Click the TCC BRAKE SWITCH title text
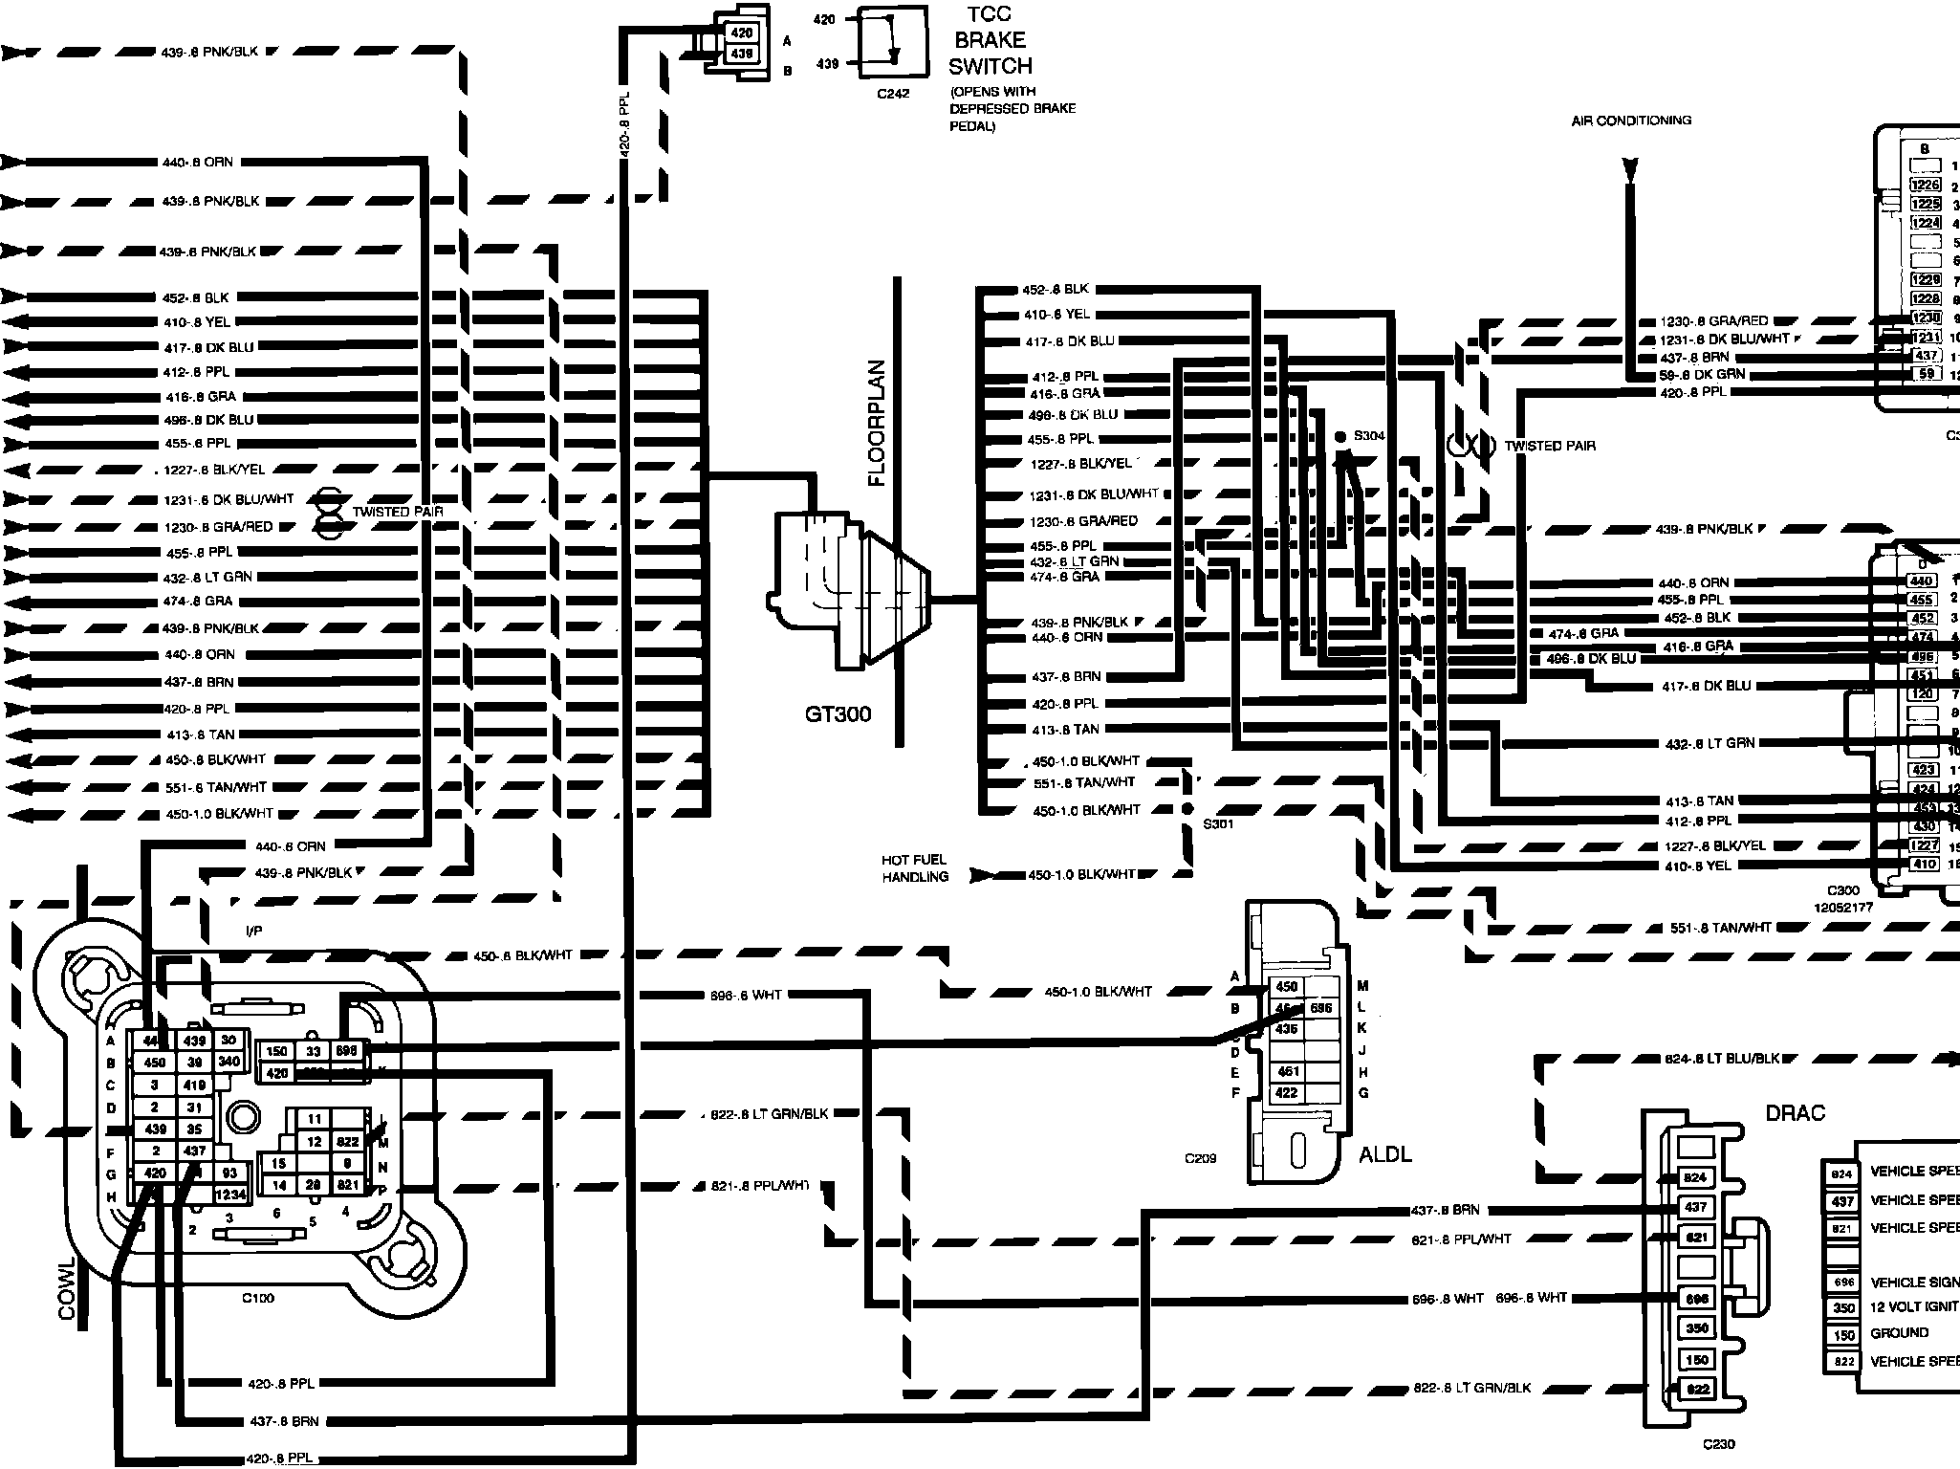coord(990,41)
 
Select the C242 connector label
coord(893,94)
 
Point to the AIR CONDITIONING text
coord(1631,121)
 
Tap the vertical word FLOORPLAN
coord(878,423)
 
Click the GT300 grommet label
coord(838,714)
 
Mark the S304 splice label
coord(1369,436)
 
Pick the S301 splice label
coord(1218,823)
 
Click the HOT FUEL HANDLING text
coord(915,868)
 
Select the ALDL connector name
coord(1384,1154)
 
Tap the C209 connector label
coord(1200,1158)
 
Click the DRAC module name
coord(1795,1113)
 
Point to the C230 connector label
coord(1718,1444)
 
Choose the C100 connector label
coord(257,1298)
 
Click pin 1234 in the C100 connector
coord(230,1195)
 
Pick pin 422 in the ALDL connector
coord(1286,1093)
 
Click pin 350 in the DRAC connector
coord(1696,1328)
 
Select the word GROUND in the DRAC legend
coord(1899,1333)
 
